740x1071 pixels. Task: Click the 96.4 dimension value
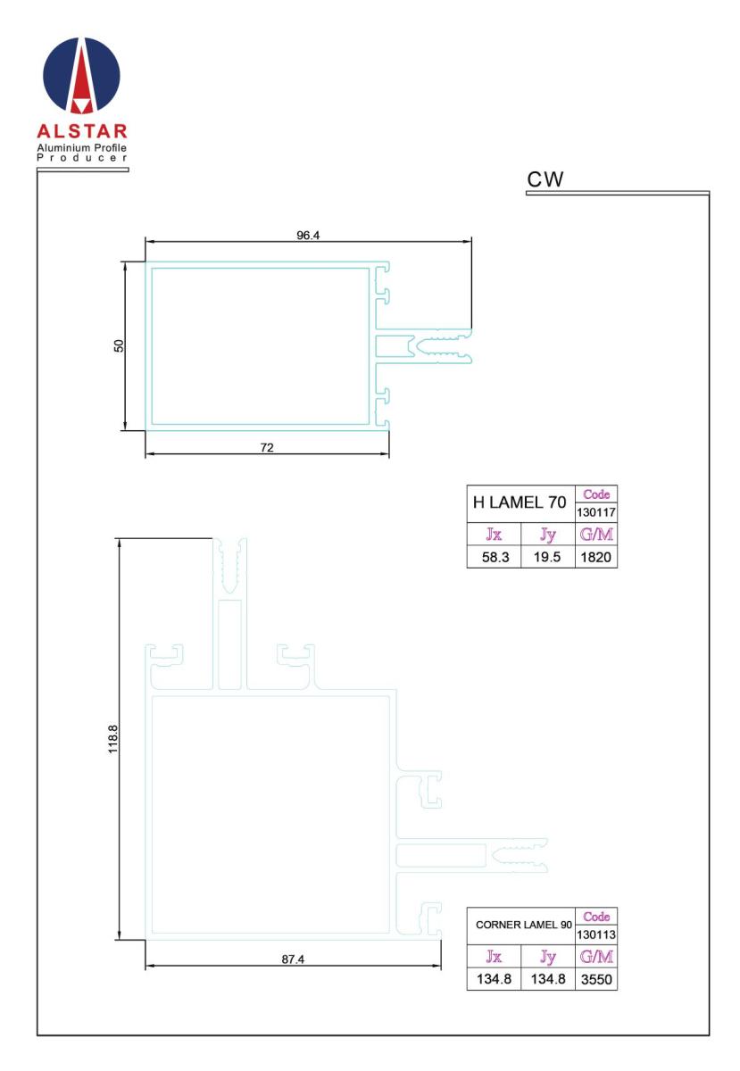coord(308,236)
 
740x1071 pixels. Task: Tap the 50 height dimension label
coord(119,345)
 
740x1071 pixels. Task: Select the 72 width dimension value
coord(267,447)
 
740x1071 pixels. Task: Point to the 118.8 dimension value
coord(112,739)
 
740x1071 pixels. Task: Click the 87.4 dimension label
coord(293,959)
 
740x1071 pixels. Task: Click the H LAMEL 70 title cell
coord(520,502)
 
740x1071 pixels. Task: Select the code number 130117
coord(596,512)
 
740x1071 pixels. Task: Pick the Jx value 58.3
coord(495,557)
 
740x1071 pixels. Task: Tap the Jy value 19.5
coord(547,557)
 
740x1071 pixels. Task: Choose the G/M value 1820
coord(595,557)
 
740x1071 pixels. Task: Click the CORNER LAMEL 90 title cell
coord(524,925)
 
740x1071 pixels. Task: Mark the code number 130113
coord(596,934)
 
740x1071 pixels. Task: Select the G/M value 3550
coord(596,980)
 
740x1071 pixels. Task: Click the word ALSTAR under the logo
coord(82,130)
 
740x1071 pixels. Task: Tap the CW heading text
coord(545,179)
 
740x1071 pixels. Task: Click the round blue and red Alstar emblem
coord(81,76)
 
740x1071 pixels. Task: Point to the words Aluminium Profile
coord(82,147)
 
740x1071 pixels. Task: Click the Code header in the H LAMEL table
coord(596,494)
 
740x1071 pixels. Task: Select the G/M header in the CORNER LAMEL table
coord(596,956)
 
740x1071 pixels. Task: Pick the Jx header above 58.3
coord(494,534)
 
